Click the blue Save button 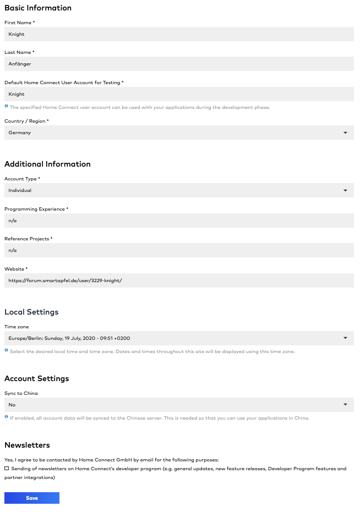32,498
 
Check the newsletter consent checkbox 7,469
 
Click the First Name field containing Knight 179,34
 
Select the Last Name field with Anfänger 179,64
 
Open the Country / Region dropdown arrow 345,133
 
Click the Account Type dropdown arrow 345,190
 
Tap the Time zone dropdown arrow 345,338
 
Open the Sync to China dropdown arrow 345,404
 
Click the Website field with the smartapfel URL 179,280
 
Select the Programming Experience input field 179,221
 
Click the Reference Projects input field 179,250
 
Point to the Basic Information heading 38,8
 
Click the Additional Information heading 47,164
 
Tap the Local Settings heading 31,312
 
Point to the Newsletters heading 27,445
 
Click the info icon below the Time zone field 7,350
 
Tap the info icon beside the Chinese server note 7,417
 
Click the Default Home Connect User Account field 179,94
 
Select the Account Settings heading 36,378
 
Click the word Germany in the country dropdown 20,133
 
